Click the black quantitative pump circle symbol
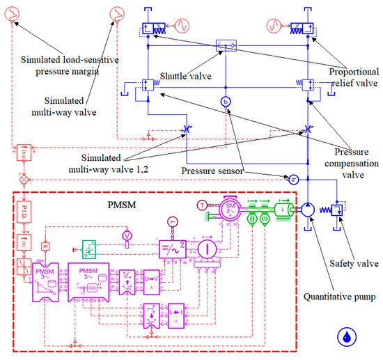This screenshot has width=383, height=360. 308,210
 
